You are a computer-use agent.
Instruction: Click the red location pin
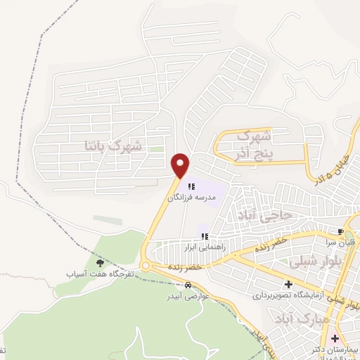tap(181, 165)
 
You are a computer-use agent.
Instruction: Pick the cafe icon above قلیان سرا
tap(340, 232)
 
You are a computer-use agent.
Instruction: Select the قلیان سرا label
tap(342, 243)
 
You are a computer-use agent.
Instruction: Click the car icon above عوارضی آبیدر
tap(188, 285)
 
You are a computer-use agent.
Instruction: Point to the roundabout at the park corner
tap(146, 266)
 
